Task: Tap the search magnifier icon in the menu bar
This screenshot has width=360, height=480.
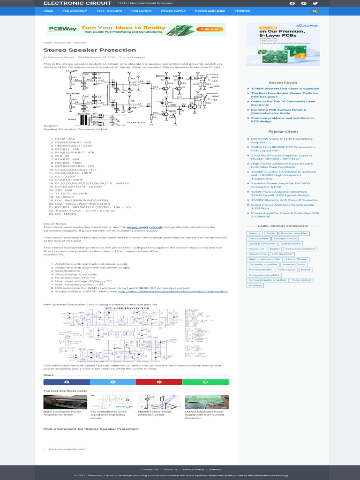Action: [x=315, y=11]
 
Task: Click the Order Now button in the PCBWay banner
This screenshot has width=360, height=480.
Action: [x=210, y=29]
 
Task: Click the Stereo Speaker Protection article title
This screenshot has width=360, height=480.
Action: [x=90, y=50]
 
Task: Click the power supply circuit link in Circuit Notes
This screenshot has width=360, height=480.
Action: [x=144, y=227]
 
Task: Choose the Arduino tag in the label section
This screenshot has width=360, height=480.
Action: [x=255, y=233]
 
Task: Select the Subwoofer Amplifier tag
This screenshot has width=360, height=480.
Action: [x=264, y=275]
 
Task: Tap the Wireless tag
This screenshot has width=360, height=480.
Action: [x=255, y=285]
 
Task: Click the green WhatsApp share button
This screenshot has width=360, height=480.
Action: [x=205, y=382]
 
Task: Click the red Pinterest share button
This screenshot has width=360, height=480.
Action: [x=159, y=382]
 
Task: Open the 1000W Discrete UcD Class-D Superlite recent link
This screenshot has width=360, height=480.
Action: [x=285, y=88]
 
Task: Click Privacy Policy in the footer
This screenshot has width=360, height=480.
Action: [x=193, y=469]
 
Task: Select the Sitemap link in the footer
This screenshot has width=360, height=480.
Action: [x=215, y=469]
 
